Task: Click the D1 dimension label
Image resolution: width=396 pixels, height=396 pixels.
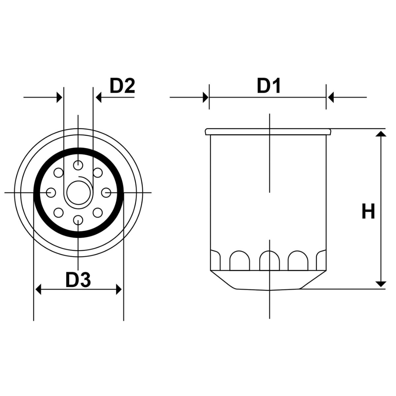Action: coord(269,86)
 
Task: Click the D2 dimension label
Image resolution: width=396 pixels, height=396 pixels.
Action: coord(122,86)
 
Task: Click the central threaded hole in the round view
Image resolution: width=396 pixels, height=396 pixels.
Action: coord(78,192)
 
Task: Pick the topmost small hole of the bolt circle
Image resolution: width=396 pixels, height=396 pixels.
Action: coord(78,165)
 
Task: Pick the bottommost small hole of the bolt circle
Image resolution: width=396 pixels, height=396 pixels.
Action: coord(78,220)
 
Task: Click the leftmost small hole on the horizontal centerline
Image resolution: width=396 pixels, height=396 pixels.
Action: coord(51,192)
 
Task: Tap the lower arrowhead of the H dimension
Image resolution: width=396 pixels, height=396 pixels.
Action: coord(381,284)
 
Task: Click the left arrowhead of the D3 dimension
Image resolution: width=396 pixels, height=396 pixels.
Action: coord(38,289)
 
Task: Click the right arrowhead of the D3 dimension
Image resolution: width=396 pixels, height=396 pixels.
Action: coord(119,289)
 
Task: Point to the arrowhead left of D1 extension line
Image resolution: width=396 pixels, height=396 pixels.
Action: coord(206,98)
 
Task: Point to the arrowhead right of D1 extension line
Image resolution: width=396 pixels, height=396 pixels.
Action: coord(331,98)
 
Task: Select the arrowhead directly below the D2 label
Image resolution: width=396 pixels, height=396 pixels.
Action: coord(98,98)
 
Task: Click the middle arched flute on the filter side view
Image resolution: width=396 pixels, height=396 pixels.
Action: coord(269,261)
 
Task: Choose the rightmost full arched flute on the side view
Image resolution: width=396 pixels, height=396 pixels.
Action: coord(298,261)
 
